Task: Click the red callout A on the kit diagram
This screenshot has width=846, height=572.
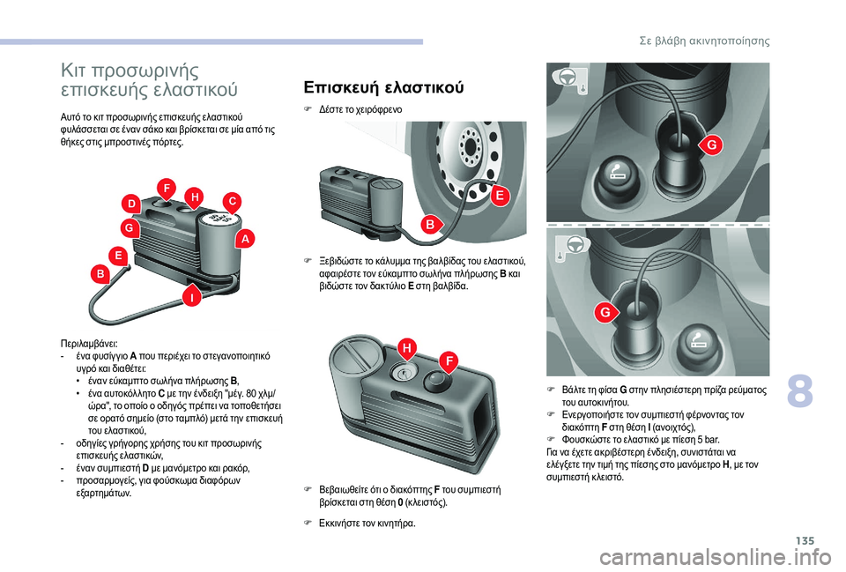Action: [x=245, y=239]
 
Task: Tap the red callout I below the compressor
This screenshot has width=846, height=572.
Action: [x=191, y=296]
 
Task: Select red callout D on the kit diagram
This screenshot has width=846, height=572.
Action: [x=131, y=204]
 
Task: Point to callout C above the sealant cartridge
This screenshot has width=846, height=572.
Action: [x=232, y=202]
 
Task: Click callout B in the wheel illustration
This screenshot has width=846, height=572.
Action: [x=431, y=224]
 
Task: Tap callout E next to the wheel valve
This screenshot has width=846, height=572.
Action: [x=500, y=196]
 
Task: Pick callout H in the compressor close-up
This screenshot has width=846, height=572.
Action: [x=407, y=349]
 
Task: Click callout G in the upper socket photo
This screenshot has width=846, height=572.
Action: [x=712, y=145]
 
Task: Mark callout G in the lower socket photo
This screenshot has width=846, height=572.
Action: [x=605, y=313]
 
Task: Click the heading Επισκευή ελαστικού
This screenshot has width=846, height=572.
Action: [x=383, y=87]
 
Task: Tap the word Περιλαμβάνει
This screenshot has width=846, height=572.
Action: [x=90, y=344]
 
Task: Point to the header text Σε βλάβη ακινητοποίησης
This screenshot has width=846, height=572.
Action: [x=704, y=41]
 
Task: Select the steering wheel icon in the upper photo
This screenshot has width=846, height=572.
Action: [x=566, y=78]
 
